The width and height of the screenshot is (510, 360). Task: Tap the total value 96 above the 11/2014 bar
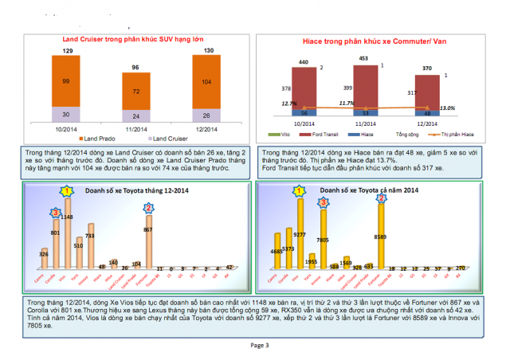click(x=135, y=68)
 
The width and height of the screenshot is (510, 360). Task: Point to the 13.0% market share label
click(x=447, y=108)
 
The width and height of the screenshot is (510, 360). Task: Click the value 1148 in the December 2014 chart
click(x=68, y=217)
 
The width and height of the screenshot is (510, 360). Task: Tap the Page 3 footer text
click(x=260, y=345)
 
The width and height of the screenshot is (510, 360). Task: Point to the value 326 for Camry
click(x=45, y=254)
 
